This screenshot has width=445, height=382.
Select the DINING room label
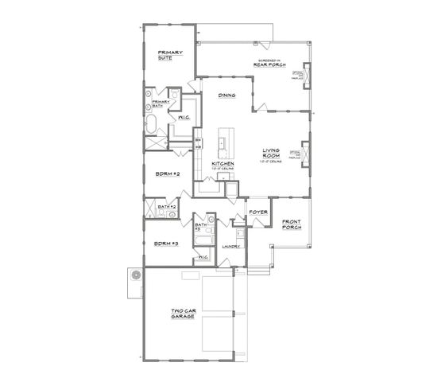point(227,95)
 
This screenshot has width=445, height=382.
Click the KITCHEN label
point(222,164)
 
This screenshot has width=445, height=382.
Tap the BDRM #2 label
point(166,174)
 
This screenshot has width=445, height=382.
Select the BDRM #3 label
point(165,243)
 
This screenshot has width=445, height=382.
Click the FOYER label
point(257,212)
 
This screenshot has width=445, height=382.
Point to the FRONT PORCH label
point(292,224)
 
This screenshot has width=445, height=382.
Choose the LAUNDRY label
point(231,247)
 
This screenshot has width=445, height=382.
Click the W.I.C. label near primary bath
point(183,118)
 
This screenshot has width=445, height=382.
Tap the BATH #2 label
point(166,206)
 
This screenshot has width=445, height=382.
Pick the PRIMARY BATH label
point(161,103)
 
